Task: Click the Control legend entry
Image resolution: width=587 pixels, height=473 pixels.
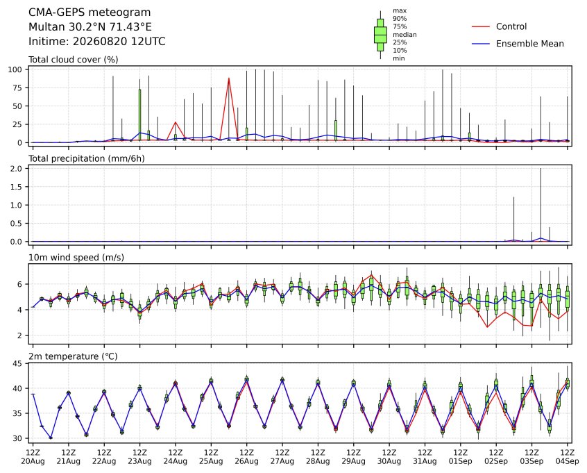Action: [499, 26]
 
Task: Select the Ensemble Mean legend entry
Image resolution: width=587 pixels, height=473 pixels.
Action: [518, 44]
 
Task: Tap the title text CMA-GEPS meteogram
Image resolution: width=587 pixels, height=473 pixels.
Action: [90, 13]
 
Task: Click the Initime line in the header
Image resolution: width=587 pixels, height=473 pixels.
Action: [97, 41]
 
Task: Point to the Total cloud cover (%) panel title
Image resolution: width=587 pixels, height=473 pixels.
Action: [74, 60]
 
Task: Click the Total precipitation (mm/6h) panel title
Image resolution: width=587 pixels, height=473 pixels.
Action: [87, 158]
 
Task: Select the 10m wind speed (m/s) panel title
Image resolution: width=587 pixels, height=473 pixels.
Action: [76, 258]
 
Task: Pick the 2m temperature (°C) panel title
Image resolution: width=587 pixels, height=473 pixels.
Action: [73, 356]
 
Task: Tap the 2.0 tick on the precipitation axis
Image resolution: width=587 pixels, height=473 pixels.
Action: [17, 169]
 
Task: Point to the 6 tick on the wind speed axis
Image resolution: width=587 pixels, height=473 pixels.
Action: [20, 284]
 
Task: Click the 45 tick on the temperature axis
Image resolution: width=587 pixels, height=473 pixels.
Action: [18, 363]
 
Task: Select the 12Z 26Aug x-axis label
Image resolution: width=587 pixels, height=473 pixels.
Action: [247, 456]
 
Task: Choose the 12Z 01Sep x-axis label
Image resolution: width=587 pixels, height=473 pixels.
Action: [461, 456]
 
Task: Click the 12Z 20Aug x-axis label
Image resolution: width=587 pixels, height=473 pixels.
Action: [33, 456]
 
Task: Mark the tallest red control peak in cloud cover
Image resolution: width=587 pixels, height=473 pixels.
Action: [229, 78]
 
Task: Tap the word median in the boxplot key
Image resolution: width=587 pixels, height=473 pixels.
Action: [405, 35]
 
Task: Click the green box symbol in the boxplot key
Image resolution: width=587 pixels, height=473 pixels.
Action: [381, 35]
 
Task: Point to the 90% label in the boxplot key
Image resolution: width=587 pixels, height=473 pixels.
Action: [400, 18]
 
